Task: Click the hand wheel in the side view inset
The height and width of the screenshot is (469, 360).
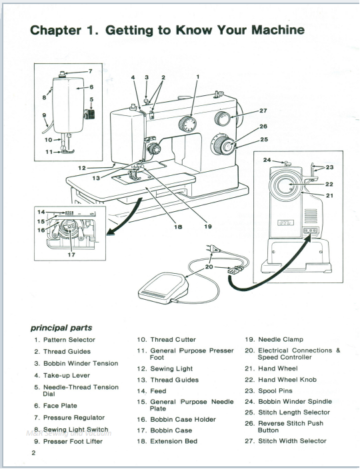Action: point(290,184)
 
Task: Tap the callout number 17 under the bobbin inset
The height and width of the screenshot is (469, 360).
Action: point(71,253)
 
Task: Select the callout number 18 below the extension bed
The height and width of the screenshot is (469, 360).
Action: point(178,227)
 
